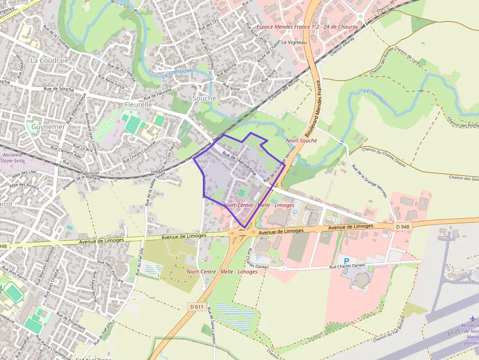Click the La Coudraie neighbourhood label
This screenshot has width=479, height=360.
(x=49, y=60)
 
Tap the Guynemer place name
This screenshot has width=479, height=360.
(x=48, y=127)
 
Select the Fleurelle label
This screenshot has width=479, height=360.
(x=138, y=105)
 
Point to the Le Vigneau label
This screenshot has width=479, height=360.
(x=294, y=43)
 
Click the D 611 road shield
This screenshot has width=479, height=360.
(x=196, y=307)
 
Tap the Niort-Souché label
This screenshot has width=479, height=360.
(x=301, y=141)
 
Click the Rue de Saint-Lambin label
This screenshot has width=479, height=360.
(x=212, y=325)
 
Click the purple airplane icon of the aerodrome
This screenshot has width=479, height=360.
(x=472, y=318)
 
